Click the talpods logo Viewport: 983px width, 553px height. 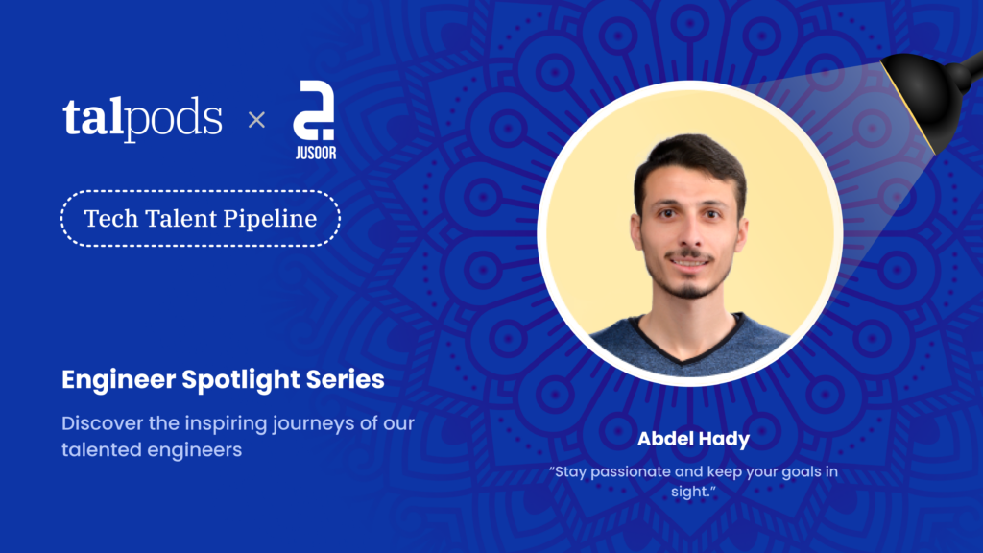pos(142,119)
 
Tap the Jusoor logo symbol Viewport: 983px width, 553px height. pos(314,110)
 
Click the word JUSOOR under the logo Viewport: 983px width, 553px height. pos(315,153)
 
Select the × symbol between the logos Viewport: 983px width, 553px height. pos(256,120)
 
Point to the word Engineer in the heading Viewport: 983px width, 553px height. pos(118,380)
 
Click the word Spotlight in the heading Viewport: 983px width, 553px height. pos(241,380)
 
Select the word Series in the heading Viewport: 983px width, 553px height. pos(345,379)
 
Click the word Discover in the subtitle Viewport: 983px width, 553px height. pos(103,423)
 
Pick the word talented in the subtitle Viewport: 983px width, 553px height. pos(100,449)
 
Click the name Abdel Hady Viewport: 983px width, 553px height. pos(693,439)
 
